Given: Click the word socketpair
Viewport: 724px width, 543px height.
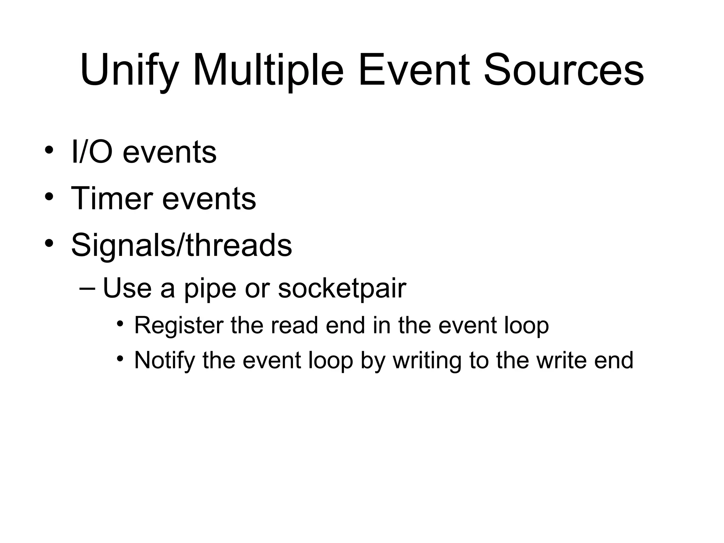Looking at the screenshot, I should (342, 288).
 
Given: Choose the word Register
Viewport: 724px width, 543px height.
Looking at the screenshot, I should (179, 325).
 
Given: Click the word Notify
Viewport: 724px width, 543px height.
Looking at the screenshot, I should (164, 360).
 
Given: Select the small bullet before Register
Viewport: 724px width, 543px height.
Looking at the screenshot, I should (121, 323).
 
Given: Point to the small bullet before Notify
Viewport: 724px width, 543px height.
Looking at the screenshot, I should (121, 358).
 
